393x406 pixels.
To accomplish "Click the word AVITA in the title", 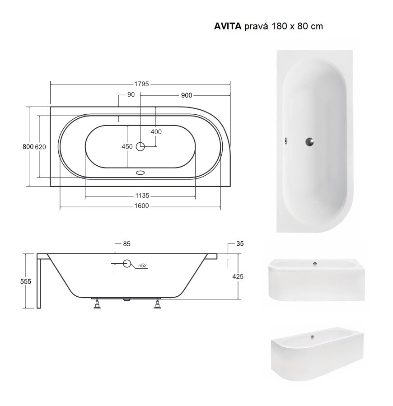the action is click(x=228, y=26).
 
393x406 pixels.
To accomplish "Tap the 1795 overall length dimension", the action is click(x=141, y=84).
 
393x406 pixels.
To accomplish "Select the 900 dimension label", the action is click(x=187, y=95).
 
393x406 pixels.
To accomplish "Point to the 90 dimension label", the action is click(x=131, y=94).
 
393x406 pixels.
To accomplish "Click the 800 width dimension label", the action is click(x=28, y=147).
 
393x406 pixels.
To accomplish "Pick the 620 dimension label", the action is click(x=40, y=147).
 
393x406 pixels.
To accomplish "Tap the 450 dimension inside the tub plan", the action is click(x=127, y=146).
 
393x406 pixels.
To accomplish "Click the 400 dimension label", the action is click(x=156, y=131).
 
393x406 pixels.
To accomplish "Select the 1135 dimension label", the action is click(x=142, y=196).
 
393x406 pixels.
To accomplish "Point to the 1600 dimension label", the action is click(x=142, y=206).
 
